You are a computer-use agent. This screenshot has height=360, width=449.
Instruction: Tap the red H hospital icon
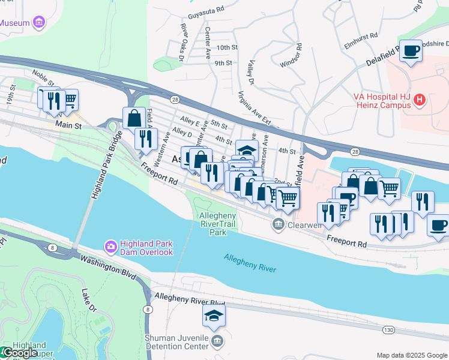(x=420, y=101)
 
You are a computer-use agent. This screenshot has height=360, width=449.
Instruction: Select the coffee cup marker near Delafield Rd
(x=411, y=51)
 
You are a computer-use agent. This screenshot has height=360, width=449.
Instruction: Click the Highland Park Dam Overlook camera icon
(x=110, y=246)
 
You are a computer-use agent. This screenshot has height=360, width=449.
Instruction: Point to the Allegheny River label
(x=250, y=263)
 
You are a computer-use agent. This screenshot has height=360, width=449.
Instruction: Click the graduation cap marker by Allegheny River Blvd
(x=214, y=316)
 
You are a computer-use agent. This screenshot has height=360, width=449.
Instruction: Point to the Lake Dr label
(x=88, y=302)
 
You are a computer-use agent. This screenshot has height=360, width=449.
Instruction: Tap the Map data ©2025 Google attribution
(x=411, y=355)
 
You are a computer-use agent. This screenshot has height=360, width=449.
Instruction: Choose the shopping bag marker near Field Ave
(x=134, y=118)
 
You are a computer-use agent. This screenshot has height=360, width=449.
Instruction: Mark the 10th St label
(x=227, y=47)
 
